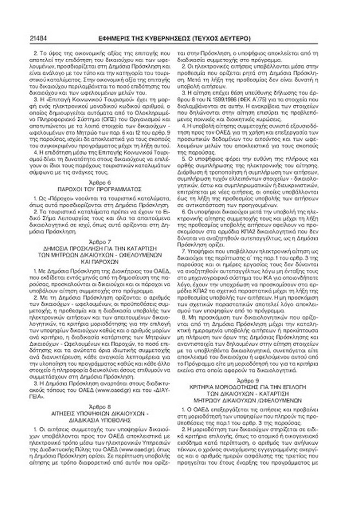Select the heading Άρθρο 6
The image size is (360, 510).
103,181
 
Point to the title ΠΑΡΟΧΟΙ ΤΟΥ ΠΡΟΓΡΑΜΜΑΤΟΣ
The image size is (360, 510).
103,188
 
